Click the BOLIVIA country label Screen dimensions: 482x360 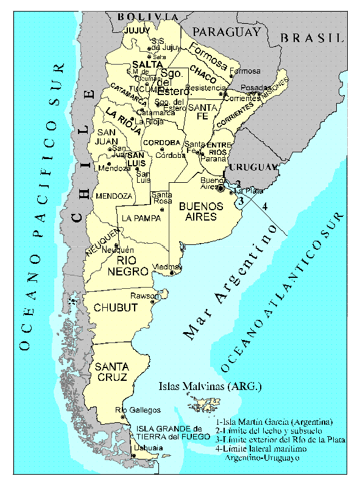148,16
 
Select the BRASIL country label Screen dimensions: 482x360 312,38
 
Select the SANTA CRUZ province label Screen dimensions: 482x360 111,372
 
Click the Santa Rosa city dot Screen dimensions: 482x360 161,210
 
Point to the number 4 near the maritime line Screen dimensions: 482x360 264,206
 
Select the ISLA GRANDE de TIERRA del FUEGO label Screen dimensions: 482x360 168,431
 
